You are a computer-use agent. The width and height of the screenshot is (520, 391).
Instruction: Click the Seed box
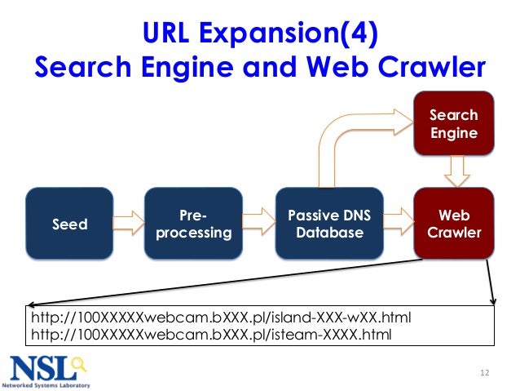click(x=70, y=224)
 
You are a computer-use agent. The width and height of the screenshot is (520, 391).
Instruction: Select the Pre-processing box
click(x=193, y=224)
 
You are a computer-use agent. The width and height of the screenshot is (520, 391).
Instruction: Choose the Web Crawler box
click(x=454, y=224)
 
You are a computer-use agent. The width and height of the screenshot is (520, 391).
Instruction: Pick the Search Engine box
click(x=454, y=124)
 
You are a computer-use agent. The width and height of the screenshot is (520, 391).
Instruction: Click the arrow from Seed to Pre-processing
click(x=128, y=220)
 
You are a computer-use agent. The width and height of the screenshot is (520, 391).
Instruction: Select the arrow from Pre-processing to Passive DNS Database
click(x=259, y=220)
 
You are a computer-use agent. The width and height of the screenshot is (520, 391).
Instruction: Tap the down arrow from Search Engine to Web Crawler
click(x=454, y=171)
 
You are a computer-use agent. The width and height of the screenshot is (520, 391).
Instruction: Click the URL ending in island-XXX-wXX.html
click(x=227, y=317)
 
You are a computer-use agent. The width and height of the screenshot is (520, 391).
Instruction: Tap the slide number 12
click(x=485, y=374)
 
